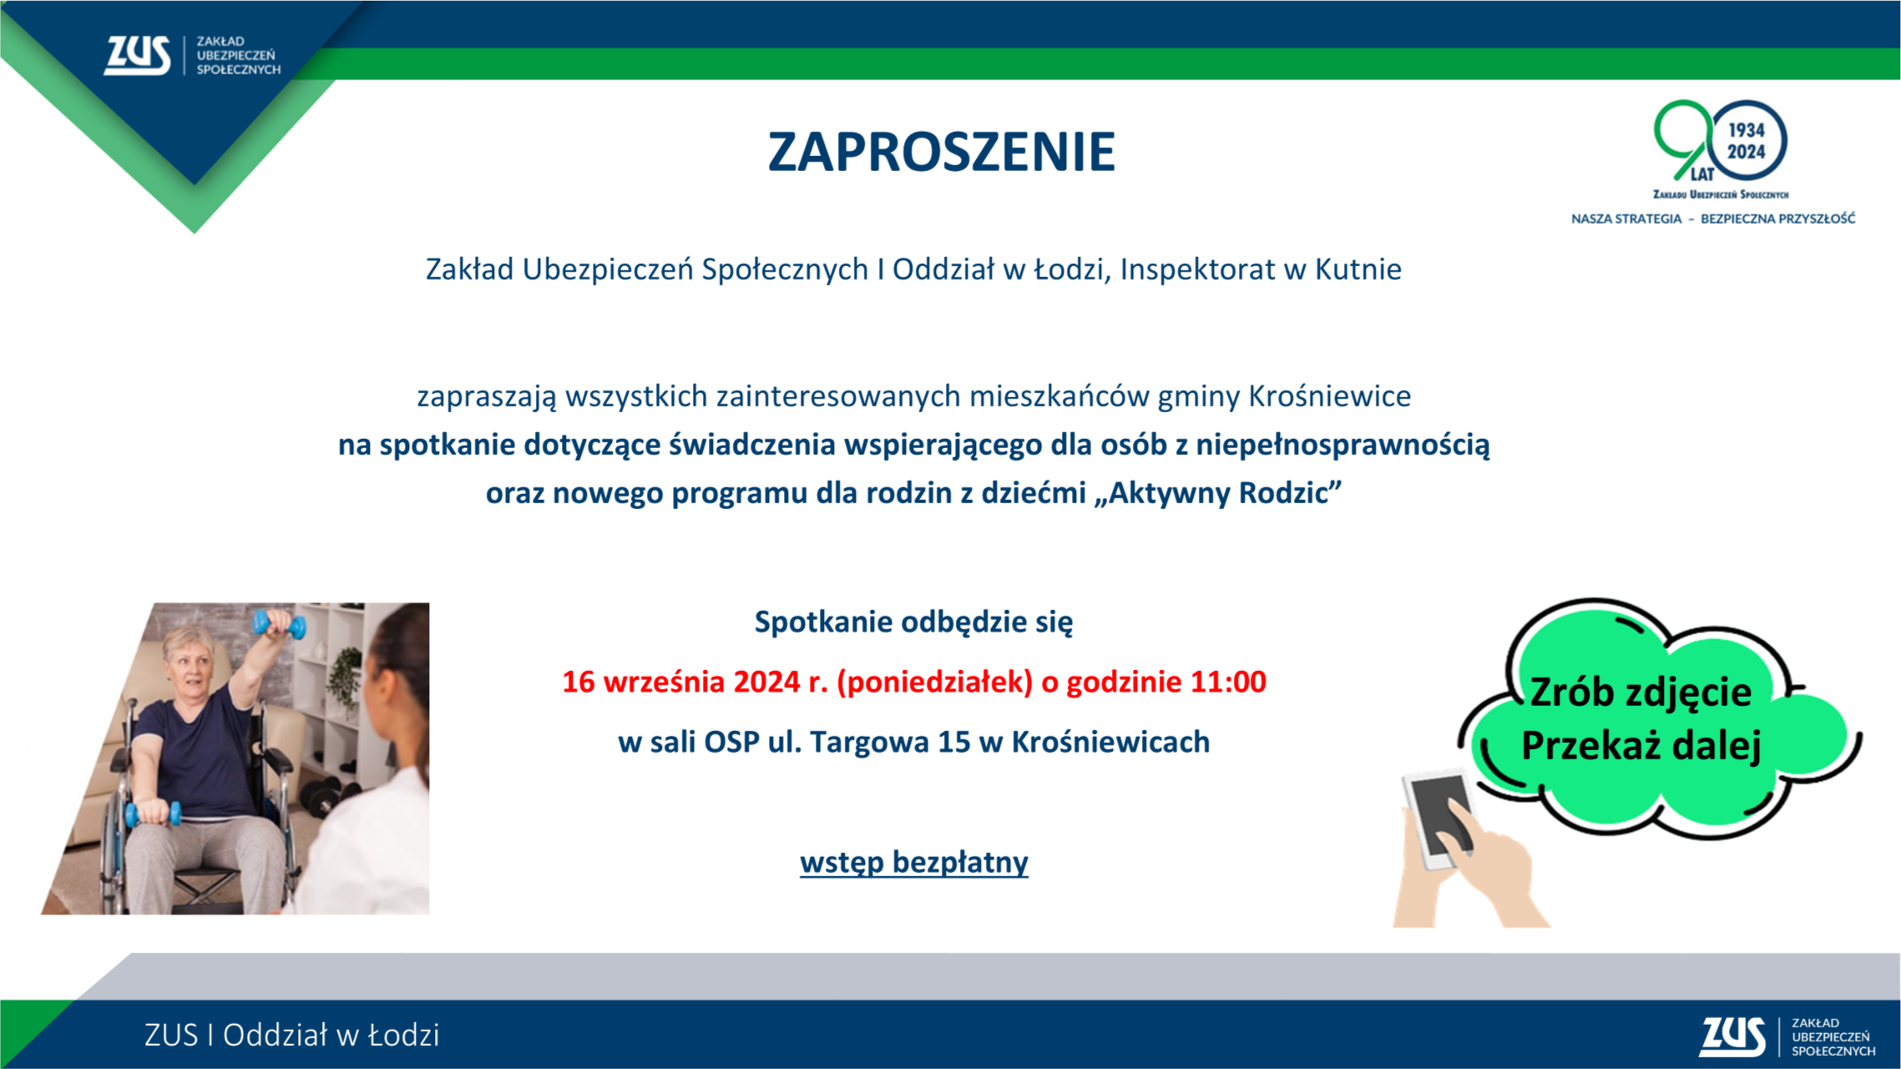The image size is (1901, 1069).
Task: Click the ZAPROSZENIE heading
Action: [x=941, y=152]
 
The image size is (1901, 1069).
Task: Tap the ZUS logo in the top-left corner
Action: [x=192, y=55]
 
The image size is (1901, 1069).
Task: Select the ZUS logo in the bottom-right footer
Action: [x=1787, y=1036]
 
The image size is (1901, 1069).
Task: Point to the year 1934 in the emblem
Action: [x=1747, y=130]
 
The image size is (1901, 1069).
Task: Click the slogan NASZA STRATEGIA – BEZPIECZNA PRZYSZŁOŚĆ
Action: [x=1713, y=219]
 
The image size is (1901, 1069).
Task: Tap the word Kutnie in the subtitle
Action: [x=1358, y=270]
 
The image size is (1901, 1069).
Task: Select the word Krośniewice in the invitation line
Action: [x=1329, y=396]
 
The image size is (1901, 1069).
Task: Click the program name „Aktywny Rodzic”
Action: [x=1217, y=492]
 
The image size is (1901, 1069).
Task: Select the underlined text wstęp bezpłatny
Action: [x=914, y=862]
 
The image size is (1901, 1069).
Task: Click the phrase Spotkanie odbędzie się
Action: [x=913, y=622]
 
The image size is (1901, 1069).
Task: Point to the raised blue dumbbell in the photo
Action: [x=279, y=623]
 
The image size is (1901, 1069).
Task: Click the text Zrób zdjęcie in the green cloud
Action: [x=1640, y=693]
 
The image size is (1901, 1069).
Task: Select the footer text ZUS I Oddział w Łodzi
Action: [x=291, y=1035]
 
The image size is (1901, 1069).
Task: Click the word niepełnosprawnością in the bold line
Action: [x=1342, y=445]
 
